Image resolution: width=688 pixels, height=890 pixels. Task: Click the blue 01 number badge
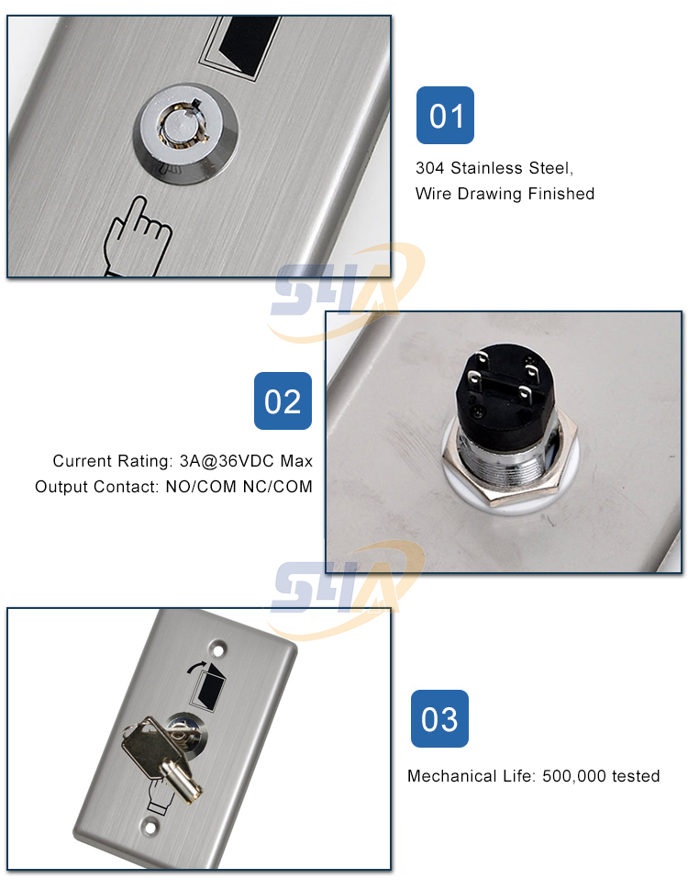pyautogui.click(x=445, y=116)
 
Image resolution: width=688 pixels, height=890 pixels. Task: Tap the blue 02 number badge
pyautogui.click(x=283, y=401)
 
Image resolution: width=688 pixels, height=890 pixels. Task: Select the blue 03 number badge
pyautogui.click(x=439, y=718)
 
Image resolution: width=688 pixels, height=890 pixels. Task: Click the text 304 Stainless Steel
pyautogui.click(x=494, y=168)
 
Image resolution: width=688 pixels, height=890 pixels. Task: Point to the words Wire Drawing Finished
pyautogui.click(x=505, y=194)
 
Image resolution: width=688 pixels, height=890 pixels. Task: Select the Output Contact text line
pyautogui.click(x=173, y=487)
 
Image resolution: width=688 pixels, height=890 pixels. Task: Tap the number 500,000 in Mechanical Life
pyautogui.click(x=573, y=776)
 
